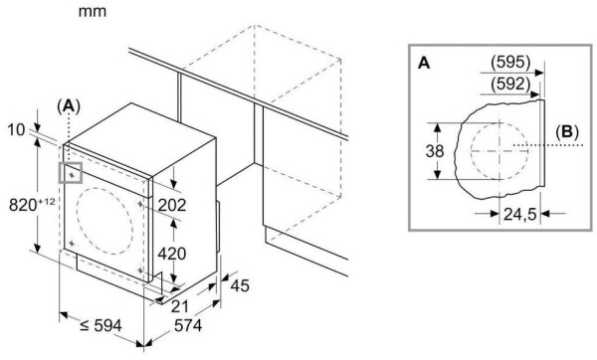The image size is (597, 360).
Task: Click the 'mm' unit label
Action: [93, 11]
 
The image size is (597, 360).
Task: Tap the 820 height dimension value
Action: [24, 206]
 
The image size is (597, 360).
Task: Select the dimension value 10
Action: [16, 130]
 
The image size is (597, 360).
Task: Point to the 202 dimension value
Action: [172, 205]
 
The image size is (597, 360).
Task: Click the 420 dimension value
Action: [172, 254]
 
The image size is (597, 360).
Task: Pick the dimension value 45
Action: [240, 285]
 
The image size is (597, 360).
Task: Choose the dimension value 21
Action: [180, 306]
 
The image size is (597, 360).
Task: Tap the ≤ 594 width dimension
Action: [100, 326]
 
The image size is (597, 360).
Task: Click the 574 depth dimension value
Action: [188, 326]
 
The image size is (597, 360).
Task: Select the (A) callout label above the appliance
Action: [69, 106]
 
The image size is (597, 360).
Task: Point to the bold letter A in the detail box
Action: [424, 64]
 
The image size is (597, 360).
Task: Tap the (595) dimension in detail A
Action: [510, 62]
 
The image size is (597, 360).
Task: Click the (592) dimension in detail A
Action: [510, 84]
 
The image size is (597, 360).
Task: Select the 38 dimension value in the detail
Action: [435, 151]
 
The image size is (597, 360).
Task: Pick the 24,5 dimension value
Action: [520, 215]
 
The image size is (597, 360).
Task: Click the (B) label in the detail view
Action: [567, 131]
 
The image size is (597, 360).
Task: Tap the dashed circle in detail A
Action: [471, 151]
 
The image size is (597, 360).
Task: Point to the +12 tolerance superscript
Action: [47, 201]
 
